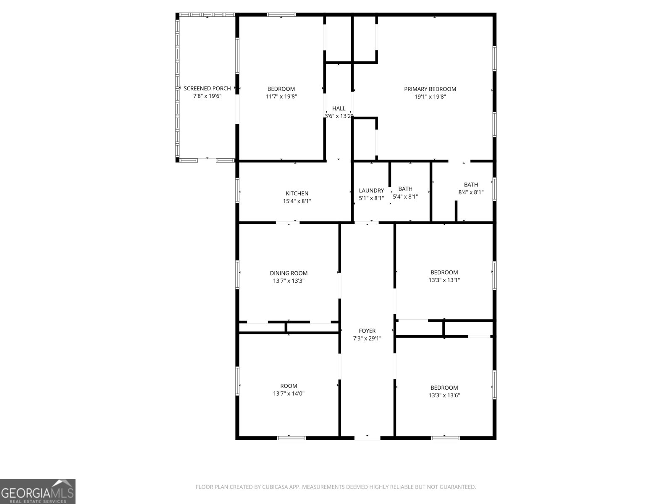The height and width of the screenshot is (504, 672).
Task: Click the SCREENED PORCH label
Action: (x=207, y=89)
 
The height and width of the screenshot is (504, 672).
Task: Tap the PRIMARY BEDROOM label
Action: (x=430, y=89)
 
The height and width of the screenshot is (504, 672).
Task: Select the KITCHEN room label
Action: (x=297, y=194)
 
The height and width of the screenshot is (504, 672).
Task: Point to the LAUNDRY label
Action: (x=371, y=191)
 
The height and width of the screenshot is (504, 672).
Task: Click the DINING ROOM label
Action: (x=289, y=273)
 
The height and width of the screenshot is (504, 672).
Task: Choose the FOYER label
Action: (x=367, y=331)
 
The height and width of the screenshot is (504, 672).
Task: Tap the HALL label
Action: (x=339, y=109)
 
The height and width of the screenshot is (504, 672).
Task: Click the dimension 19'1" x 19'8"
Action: (x=430, y=97)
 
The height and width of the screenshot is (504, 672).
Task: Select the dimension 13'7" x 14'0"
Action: (x=289, y=394)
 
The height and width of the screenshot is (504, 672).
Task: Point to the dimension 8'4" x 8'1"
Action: (x=471, y=192)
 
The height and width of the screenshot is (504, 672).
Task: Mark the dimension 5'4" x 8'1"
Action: (x=405, y=197)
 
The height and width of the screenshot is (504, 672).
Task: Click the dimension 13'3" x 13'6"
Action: (x=444, y=395)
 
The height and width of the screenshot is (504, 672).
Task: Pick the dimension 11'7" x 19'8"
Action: (x=281, y=97)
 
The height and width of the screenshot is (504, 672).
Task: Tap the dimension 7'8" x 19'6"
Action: (x=207, y=96)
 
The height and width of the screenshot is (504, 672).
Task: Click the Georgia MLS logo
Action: (x=38, y=491)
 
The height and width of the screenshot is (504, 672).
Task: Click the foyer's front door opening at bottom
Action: (x=367, y=438)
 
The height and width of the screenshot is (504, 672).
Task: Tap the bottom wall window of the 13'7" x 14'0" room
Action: (x=291, y=438)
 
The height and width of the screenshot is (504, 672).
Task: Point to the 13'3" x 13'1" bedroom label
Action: (x=444, y=272)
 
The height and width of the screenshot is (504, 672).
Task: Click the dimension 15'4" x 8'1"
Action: (x=297, y=201)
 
